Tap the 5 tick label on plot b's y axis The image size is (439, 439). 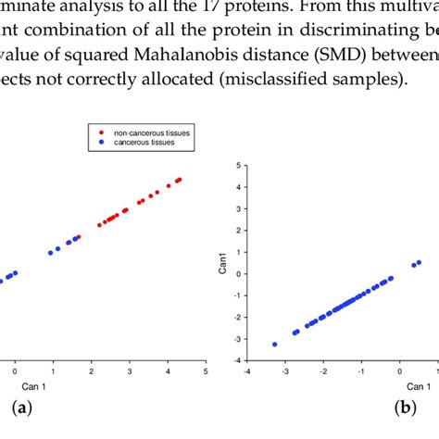point(239,165)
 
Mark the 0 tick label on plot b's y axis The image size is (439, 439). point(239,274)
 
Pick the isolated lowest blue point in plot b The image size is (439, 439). point(274,345)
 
